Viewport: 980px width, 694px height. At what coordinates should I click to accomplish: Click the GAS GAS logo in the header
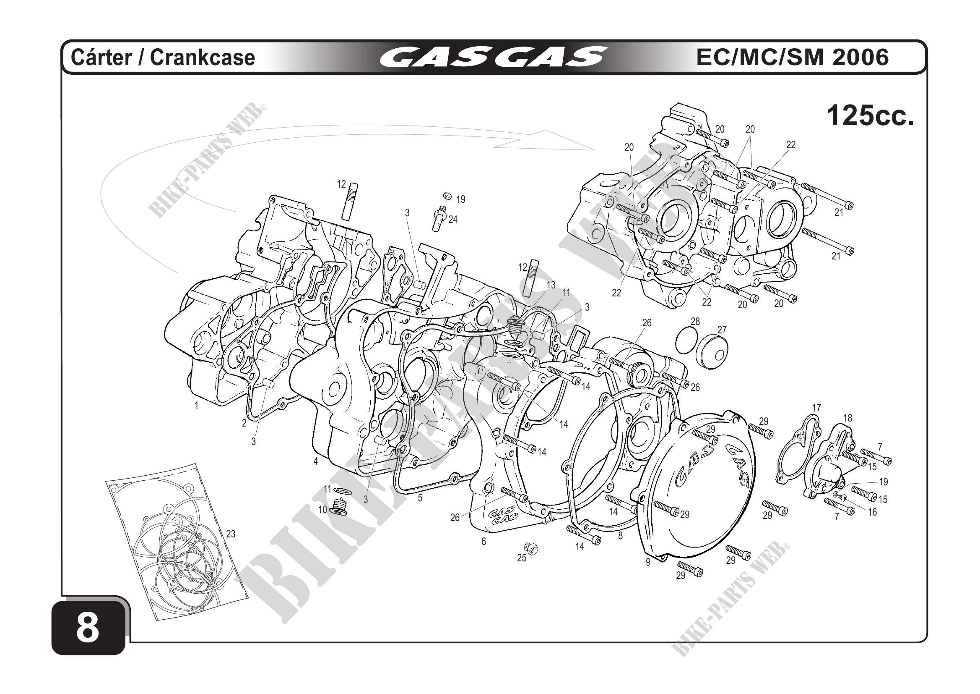pyautogui.click(x=493, y=57)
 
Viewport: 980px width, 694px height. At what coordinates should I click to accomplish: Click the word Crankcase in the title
pyautogui.click(x=203, y=57)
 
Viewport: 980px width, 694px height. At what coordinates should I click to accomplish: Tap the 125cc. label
pyautogui.click(x=870, y=116)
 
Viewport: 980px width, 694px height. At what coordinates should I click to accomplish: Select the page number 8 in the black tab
pyautogui.click(x=88, y=629)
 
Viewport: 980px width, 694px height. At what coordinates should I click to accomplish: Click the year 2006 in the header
pyautogui.click(x=860, y=57)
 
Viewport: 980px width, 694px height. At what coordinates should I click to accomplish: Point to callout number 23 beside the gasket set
pyautogui.click(x=231, y=534)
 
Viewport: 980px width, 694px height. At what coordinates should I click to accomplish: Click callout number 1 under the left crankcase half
pyautogui.click(x=196, y=406)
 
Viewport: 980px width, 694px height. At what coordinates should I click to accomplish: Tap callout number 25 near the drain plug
pyautogui.click(x=522, y=558)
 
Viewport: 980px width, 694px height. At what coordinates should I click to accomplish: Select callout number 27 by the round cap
pyautogui.click(x=722, y=330)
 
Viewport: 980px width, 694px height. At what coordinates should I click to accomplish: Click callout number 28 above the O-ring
pyautogui.click(x=695, y=321)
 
